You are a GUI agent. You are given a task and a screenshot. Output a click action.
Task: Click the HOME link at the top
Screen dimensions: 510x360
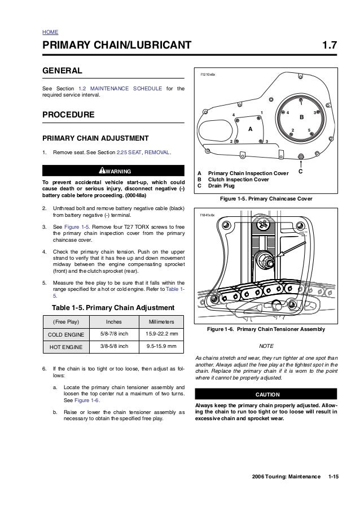click(x=50, y=33)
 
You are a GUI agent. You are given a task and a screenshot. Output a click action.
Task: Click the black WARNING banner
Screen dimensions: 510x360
click(x=114, y=171)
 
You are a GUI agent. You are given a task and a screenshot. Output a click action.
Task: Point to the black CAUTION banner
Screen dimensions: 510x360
click(x=265, y=394)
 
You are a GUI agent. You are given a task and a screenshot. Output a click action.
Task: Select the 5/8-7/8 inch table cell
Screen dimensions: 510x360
click(x=115, y=334)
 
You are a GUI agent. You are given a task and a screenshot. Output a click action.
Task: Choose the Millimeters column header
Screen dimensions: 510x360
click(x=161, y=321)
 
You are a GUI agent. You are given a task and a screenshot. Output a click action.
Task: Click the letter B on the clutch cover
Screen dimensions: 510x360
click(x=301, y=117)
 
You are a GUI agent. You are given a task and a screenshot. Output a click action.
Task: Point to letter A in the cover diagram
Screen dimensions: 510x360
click(x=250, y=129)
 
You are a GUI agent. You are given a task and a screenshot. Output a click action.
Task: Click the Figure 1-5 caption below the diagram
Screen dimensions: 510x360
click(x=265, y=199)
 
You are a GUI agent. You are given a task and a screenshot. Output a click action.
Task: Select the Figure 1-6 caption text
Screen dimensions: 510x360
click(x=266, y=329)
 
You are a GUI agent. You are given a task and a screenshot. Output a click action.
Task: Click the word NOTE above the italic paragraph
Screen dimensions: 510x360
click(x=265, y=346)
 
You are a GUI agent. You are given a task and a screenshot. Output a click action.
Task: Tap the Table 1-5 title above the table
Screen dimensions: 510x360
click(x=113, y=308)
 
